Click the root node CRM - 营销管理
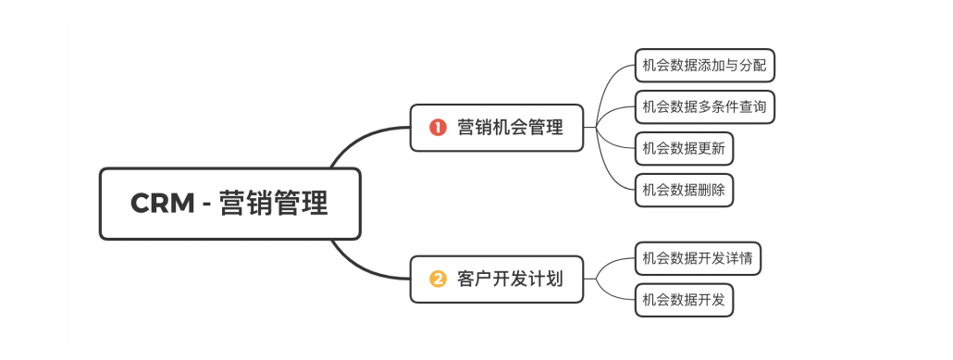pyautogui.click(x=229, y=204)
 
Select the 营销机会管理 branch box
pyautogui.click(x=497, y=128)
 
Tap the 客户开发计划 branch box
pyautogui.click(x=497, y=279)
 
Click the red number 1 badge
pyautogui.click(x=438, y=128)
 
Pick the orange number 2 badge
pyautogui.click(x=438, y=279)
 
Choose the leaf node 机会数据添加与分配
pyautogui.click(x=704, y=66)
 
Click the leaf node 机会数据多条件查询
pyautogui.click(x=704, y=106)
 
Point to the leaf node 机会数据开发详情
pyautogui.click(x=698, y=258)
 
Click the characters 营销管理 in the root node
pyautogui.click(x=274, y=204)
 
